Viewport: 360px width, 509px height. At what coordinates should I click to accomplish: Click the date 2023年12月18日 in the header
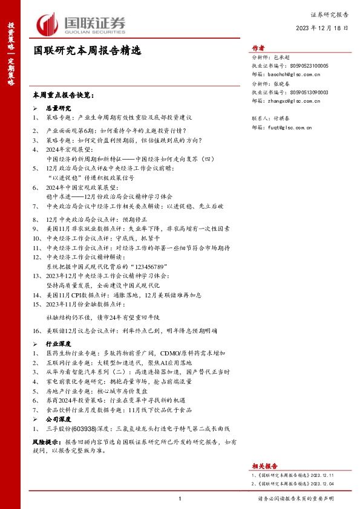pos(322,28)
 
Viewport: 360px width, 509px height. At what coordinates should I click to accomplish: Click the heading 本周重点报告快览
pos(64,96)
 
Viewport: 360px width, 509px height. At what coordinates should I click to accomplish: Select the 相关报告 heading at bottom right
pos(264,466)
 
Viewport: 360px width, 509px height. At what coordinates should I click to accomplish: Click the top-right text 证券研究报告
pos(329,13)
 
